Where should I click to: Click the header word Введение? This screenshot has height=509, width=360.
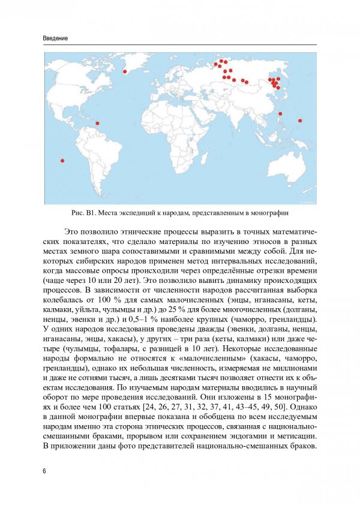coord(55,38)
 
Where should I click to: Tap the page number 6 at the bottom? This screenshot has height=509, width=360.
coord(45,471)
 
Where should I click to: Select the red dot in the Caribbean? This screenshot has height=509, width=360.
coord(98,124)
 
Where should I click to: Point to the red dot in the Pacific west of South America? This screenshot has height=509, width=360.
coord(62,160)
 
